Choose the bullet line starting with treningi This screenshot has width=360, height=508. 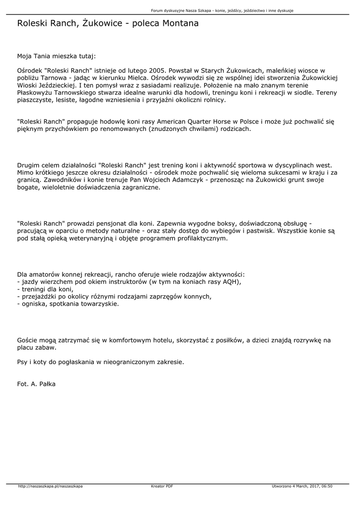tap(45, 289)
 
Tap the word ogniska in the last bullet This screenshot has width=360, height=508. tap(32, 304)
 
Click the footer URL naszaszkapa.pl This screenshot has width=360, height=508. tap(50, 486)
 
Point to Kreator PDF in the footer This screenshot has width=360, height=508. tap(162, 486)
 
